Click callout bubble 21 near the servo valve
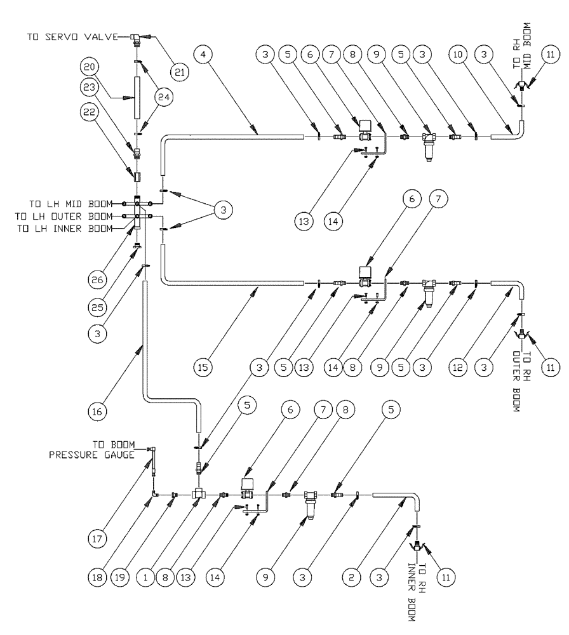(x=181, y=74)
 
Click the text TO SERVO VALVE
(x=72, y=37)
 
